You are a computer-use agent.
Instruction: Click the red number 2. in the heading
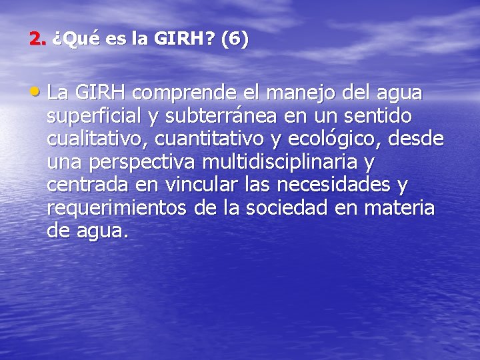[x=38, y=39]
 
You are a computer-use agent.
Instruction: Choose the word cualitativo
[x=95, y=139]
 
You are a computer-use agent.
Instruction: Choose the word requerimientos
[x=117, y=209]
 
